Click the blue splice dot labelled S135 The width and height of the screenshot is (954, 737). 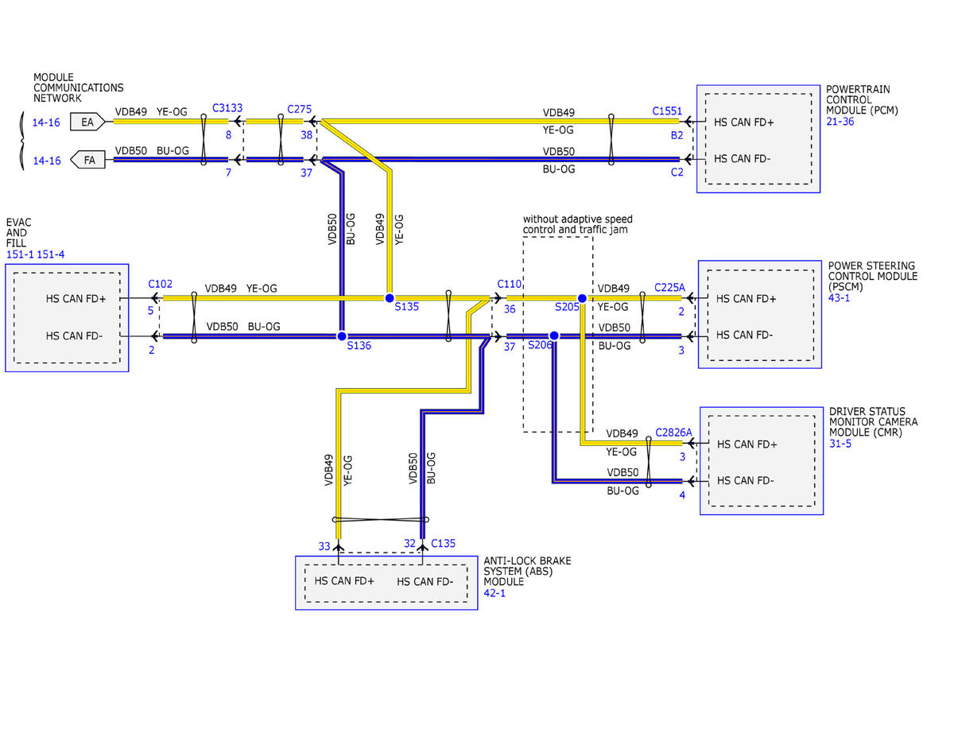click(389, 298)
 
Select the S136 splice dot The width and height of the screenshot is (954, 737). click(342, 336)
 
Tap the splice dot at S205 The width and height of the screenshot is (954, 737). click(582, 298)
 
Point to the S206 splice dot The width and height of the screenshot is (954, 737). click(554, 336)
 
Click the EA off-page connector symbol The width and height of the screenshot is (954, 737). click(87, 122)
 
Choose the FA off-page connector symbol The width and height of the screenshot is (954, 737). click(87, 160)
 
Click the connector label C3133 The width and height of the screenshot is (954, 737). click(227, 108)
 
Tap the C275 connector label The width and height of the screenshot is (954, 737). click(299, 109)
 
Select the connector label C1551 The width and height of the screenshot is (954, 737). click(667, 111)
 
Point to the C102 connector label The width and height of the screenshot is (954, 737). click(161, 284)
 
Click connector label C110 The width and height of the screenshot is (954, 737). click(509, 284)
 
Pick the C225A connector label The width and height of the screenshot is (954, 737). click(669, 288)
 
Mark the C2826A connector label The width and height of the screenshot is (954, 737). click(673, 433)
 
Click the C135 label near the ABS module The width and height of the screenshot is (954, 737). click(443, 544)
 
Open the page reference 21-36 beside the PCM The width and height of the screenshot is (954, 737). click(840, 121)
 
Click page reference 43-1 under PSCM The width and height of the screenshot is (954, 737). click(839, 297)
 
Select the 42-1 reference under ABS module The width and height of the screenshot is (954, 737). click(494, 593)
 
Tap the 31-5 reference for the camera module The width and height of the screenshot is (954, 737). click(840, 444)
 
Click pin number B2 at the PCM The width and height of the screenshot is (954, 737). click(677, 135)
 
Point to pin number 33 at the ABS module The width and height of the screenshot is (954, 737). click(324, 546)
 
